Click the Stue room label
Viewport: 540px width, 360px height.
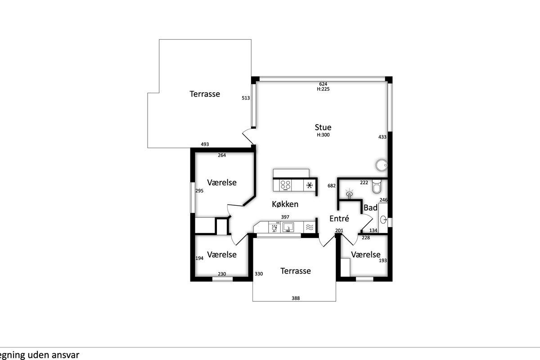(x=323, y=127)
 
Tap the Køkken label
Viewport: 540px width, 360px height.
(x=285, y=204)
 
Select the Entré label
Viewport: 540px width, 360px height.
(x=339, y=218)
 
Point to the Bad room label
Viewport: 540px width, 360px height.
(x=370, y=207)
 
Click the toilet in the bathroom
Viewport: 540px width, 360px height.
(x=376, y=186)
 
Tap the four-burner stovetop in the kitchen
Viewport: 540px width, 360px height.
(x=285, y=185)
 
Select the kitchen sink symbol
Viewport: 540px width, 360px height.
(x=288, y=227)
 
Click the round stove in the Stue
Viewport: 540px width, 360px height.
(x=382, y=165)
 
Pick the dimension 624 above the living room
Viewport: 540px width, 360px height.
(x=323, y=84)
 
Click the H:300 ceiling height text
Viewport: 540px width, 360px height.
(x=323, y=135)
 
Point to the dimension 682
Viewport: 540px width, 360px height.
(x=332, y=186)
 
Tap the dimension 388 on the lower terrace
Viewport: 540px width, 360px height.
(x=296, y=298)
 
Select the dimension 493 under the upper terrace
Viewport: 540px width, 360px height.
(x=205, y=144)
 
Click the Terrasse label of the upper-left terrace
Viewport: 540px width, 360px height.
(x=205, y=94)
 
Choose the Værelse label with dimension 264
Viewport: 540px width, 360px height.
(x=222, y=183)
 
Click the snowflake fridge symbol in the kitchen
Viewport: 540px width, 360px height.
(x=310, y=185)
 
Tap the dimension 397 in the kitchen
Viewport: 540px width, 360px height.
(x=285, y=217)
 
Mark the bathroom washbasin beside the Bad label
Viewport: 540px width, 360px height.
(x=383, y=219)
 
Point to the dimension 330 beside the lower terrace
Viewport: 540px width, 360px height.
(x=259, y=274)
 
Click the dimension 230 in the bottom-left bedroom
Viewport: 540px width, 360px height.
(x=222, y=274)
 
